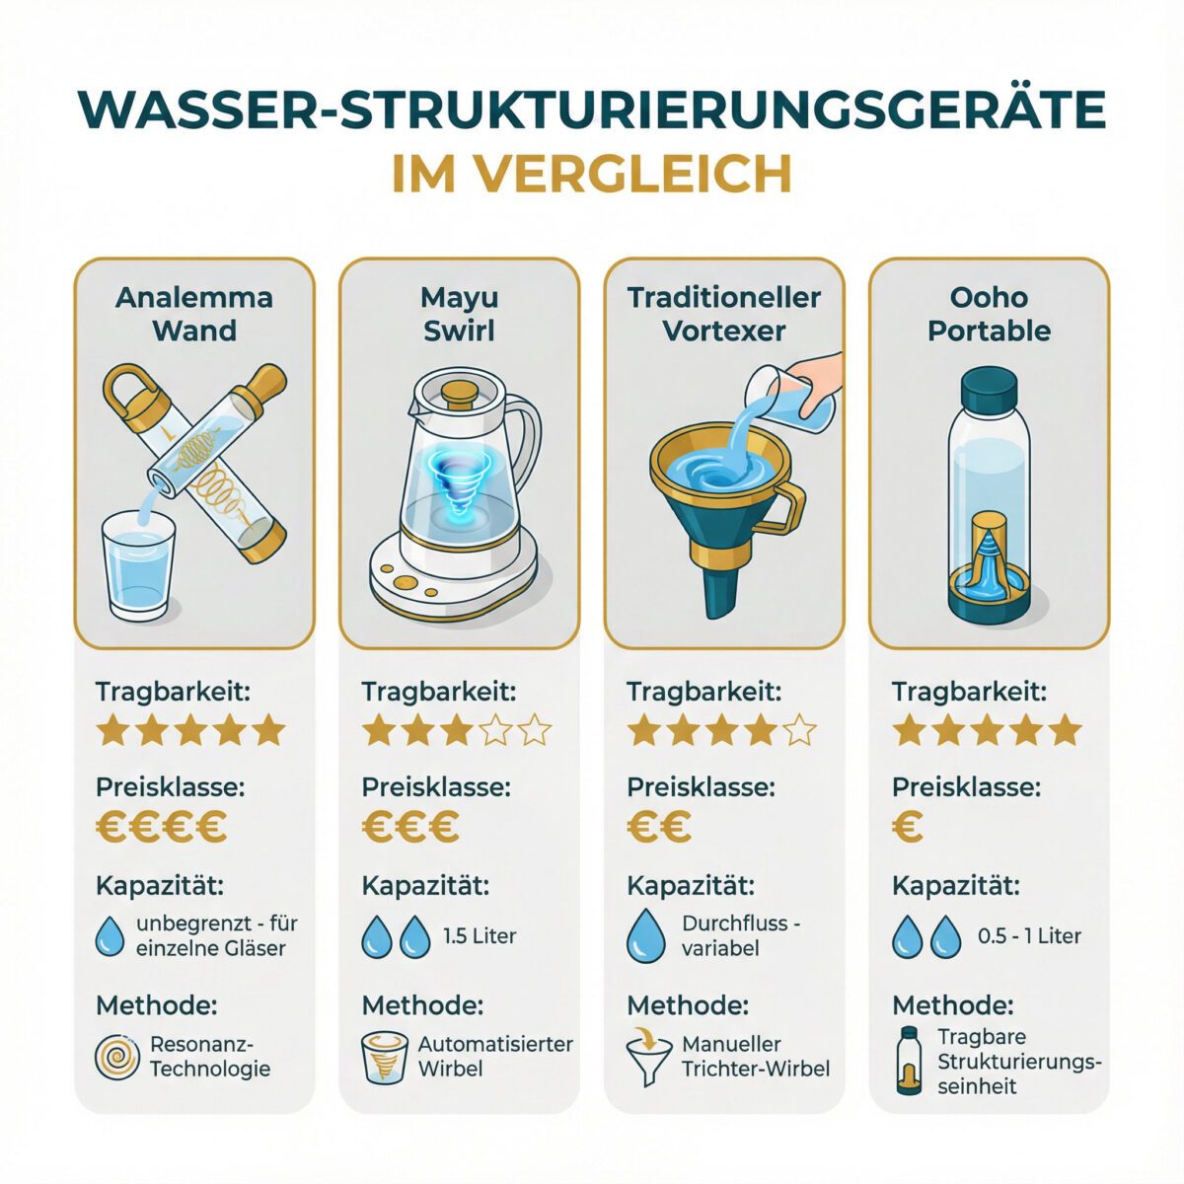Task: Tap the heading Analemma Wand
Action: (x=194, y=314)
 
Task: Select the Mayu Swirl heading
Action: (x=459, y=314)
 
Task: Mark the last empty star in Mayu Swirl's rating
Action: (x=534, y=732)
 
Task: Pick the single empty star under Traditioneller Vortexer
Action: (x=800, y=732)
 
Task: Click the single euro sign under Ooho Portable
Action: (x=908, y=827)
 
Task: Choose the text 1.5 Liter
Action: (x=480, y=935)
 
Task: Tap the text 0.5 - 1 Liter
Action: (x=1029, y=935)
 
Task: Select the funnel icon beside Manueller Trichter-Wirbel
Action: (x=646, y=1059)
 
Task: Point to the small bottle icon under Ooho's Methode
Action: (x=909, y=1061)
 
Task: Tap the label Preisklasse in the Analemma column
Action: (x=170, y=787)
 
